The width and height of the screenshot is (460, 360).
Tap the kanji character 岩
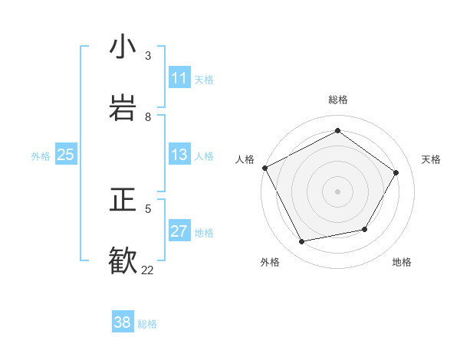(x=123, y=107)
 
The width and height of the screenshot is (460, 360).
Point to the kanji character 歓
(x=123, y=260)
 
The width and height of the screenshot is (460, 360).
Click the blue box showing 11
(x=179, y=78)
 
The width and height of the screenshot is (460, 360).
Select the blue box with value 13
(x=179, y=155)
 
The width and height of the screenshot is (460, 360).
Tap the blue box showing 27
(x=179, y=231)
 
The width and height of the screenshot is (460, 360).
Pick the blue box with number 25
(x=66, y=155)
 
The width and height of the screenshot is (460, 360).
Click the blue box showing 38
(x=123, y=322)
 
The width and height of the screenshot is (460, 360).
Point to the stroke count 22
(x=147, y=270)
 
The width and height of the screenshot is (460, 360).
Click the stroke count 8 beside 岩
(x=148, y=116)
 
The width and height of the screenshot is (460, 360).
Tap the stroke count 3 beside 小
(x=148, y=55)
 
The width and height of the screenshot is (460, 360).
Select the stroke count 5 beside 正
(x=148, y=208)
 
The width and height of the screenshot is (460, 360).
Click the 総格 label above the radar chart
(x=337, y=100)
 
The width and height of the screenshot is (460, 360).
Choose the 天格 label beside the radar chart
(x=431, y=159)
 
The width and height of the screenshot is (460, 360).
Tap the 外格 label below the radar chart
(x=270, y=262)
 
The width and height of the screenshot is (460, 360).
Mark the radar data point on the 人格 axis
(x=264, y=168)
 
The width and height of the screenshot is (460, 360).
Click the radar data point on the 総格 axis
(x=337, y=131)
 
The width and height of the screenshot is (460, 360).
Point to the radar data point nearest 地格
(x=365, y=229)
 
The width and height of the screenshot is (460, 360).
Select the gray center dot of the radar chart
(x=337, y=191)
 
